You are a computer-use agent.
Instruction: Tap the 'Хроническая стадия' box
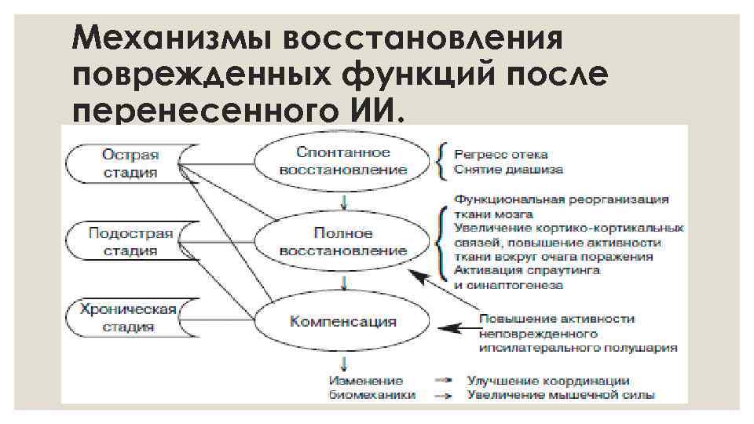[129, 316]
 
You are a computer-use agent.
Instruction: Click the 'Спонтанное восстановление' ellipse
[342, 160]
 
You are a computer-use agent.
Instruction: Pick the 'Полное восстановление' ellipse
[342, 242]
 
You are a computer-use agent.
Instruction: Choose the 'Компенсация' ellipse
[342, 321]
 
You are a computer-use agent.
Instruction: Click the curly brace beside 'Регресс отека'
[443, 161]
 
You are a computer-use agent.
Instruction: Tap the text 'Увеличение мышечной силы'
[561, 395]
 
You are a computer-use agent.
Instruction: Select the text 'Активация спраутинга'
[526, 270]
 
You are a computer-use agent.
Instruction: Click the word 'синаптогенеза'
[515, 284]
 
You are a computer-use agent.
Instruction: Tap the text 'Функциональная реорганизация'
[561, 199]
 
